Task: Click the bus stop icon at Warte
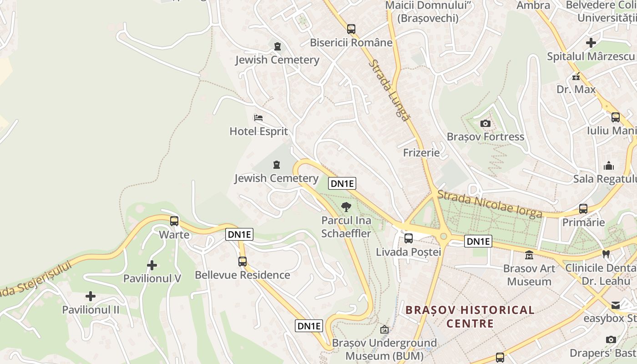click(x=174, y=221)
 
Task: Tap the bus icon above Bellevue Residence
click(x=243, y=262)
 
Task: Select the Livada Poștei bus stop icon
click(x=409, y=238)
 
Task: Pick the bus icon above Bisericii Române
click(x=351, y=29)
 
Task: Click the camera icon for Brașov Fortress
click(x=485, y=123)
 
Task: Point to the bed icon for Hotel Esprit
click(x=258, y=118)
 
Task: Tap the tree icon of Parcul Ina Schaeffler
click(x=346, y=207)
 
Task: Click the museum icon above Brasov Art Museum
click(x=529, y=255)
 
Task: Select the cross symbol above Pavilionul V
click(x=152, y=265)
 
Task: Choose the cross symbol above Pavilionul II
click(x=91, y=296)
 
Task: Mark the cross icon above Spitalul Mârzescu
click(x=591, y=43)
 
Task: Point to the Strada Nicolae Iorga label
click(x=490, y=204)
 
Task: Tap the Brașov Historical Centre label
click(x=470, y=317)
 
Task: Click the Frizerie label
click(x=421, y=152)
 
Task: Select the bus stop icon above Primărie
click(x=583, y=209)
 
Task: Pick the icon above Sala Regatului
click(x=608, y=166)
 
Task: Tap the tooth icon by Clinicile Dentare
click(x=605, y=254)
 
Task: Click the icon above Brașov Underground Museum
click(x=384, y=329)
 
